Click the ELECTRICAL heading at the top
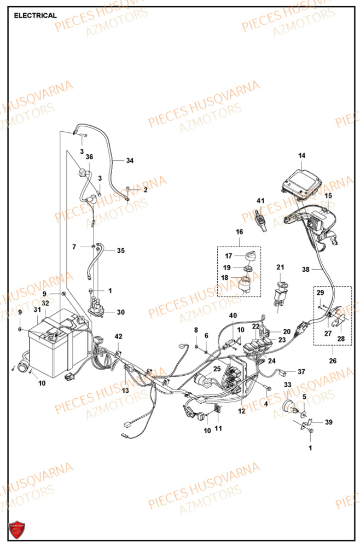click(35, 15)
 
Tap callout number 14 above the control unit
click(301, 156)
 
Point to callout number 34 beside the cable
click(130, 160)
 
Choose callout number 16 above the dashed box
click(239, 232)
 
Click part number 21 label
click(280, 267)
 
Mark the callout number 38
click(305, 270)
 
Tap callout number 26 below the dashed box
click(332, 360)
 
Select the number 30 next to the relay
click(120, 312)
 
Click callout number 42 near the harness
click(119, 336)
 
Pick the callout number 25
click(217, 369)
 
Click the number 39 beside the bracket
click(328, 422)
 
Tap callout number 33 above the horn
click(288, 386)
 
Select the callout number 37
click(301, 371)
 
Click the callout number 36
click(89, 157)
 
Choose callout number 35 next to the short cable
click(120, 251)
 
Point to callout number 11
click(218, 428)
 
